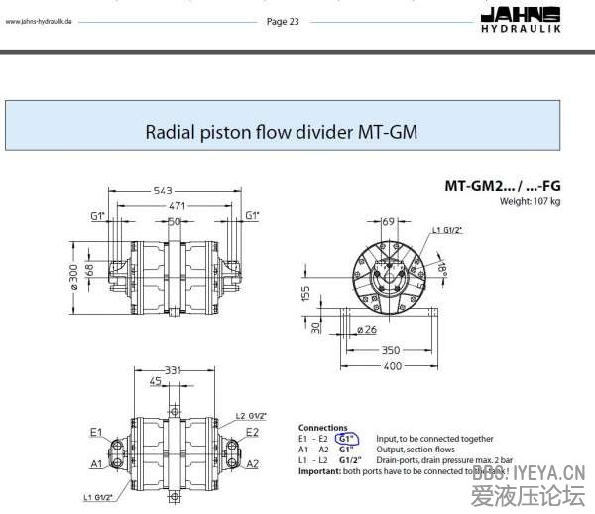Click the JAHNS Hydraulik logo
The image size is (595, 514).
click(x=546, y=17)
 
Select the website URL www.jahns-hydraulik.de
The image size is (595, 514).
click(x=40, y=22)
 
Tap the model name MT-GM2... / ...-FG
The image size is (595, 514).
click(x=502, y=186)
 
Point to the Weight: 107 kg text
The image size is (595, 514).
click(x=531, y=202)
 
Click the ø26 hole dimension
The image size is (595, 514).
click(x=366, y=329)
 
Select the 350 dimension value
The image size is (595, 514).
click(x=392, y=350)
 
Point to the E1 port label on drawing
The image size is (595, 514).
click(x=96, y=432)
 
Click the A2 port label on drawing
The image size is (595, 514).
click(x=253, y=463)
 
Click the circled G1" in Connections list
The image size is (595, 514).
click(x=347, y=438)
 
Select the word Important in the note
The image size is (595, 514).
click(x=319, y=470)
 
